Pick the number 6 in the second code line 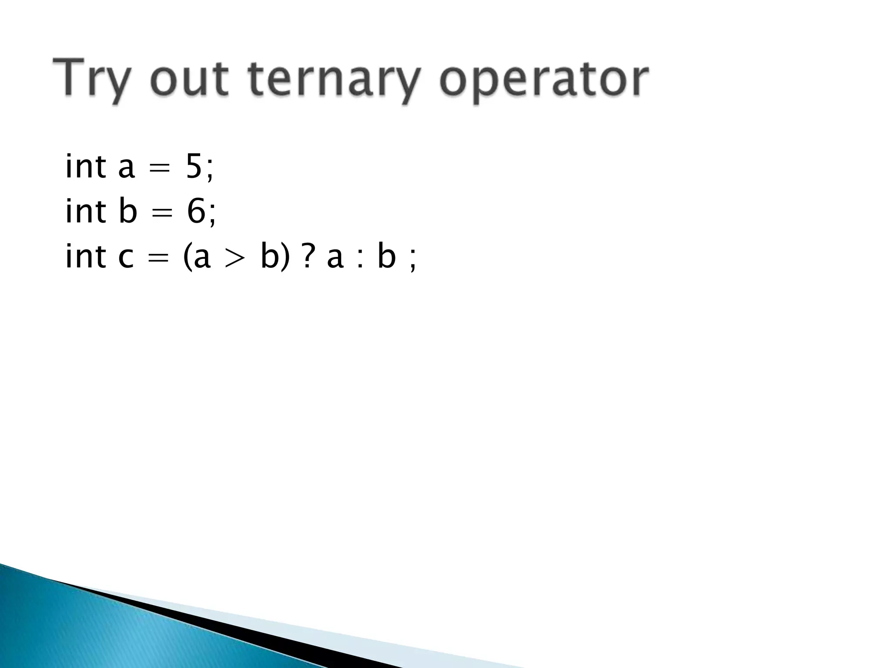[196, 212]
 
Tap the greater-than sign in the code [235, 257]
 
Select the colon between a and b [360, 258]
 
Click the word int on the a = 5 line [85, 166]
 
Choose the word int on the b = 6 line [85, 211]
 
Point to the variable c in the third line [126, 257]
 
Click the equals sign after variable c [158, 258]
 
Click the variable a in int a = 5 [127, 169]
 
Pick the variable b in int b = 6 [128, 211]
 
